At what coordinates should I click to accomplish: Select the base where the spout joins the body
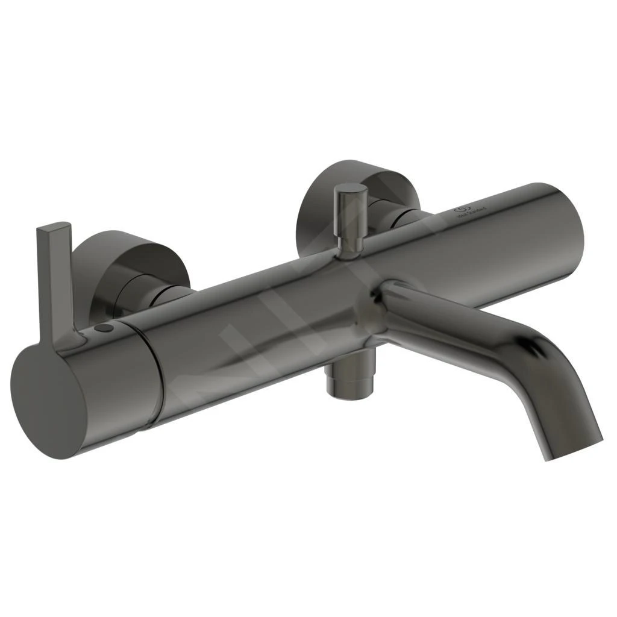pyautogui.click(x=386, y=313)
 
